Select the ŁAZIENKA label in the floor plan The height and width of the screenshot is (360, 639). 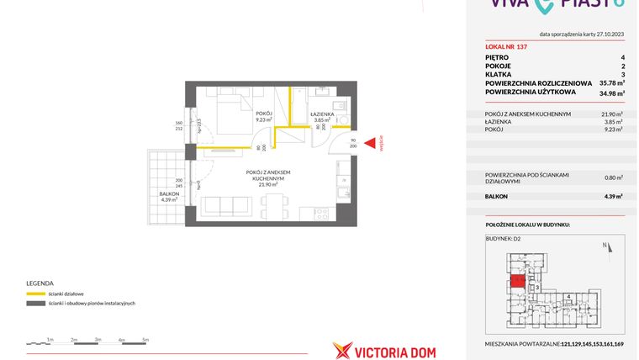(322, 114)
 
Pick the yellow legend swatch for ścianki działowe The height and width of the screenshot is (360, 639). (36, 294)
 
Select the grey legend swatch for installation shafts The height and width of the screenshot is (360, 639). (36, 303)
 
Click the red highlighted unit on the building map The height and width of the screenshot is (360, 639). (519, 282)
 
